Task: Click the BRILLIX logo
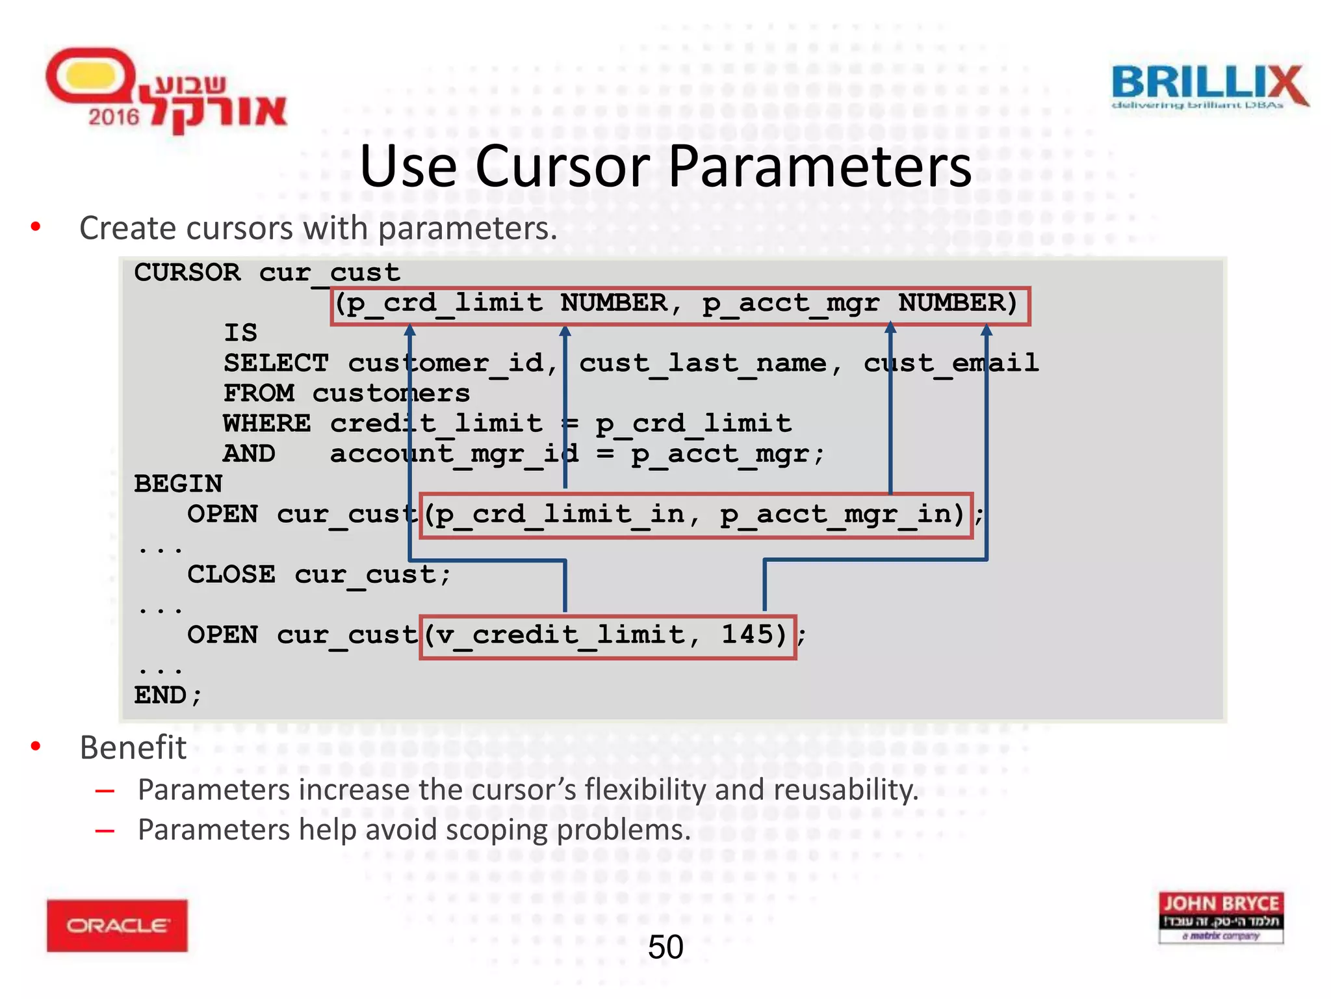pos(1209,86)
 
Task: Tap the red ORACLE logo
pos(117,925)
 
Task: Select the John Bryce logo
pos(1221,917)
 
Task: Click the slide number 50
pos(665,947)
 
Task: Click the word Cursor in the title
pos(563,166)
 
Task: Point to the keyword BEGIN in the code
pos(178,485)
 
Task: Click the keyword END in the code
pos(161,695)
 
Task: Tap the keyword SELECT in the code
pos(276,364)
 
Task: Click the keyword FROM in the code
pos(259,393)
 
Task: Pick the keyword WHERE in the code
pos(267,424)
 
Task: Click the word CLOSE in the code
pos(231,575)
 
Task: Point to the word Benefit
pos(133,747)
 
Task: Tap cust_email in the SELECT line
pos(951,364)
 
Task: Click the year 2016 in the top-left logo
pos(114,117)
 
